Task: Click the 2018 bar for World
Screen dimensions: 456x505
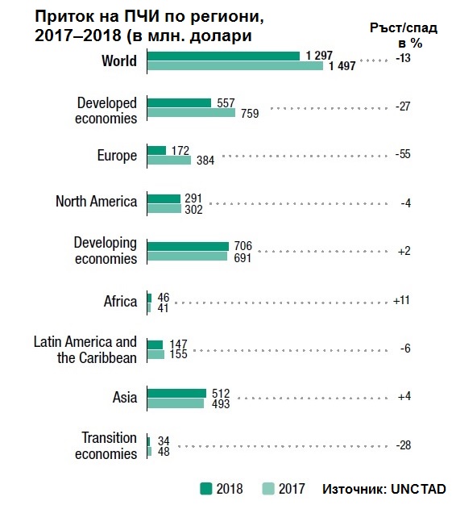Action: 223,56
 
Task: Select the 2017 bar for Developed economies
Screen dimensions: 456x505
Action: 191,113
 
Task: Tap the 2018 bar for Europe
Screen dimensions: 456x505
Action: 156,150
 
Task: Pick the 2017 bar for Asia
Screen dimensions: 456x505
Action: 176,403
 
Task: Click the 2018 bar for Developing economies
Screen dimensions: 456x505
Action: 189,246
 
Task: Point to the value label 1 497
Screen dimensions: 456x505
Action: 342,66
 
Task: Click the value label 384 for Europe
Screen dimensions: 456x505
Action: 205,160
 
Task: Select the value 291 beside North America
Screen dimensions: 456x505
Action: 193,198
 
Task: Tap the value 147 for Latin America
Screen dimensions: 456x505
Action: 178,344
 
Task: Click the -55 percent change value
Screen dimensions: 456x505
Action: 403,154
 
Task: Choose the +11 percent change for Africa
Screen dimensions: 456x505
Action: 402,300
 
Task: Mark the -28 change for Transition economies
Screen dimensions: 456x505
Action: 404,445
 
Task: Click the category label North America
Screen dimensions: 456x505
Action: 96,202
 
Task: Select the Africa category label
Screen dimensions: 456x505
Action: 120,302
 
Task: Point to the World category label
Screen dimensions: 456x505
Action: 119,61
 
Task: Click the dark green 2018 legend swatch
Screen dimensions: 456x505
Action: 205,489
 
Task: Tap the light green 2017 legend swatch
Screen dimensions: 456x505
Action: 268,489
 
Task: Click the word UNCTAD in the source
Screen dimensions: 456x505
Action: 418,489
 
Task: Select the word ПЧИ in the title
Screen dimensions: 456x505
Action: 142,17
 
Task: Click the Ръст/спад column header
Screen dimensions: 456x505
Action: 404,28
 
